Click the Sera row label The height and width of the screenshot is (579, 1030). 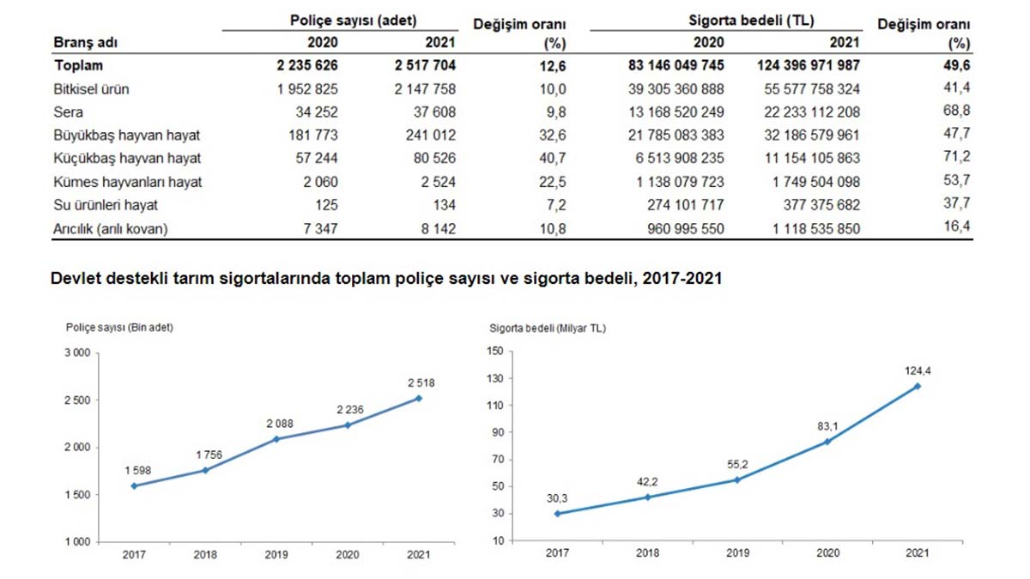(x=68, y=112)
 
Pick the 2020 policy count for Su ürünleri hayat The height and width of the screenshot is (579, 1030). (x=325, y=204)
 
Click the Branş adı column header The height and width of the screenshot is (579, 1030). (x=85, y=42)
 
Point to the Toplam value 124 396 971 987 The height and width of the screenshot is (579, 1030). (x=809, y=65)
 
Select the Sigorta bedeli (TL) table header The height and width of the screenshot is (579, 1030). (x=752, y=19)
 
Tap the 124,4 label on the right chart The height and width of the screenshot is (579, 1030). (x=917, y=370)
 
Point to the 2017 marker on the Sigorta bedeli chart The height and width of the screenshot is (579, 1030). (x=557, y=514)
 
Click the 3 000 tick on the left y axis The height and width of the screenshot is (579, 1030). (x=78, y=353)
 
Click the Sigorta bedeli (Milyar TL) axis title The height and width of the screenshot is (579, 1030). (x=547, y=328)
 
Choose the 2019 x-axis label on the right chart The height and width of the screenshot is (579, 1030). (x=737, y=553)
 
